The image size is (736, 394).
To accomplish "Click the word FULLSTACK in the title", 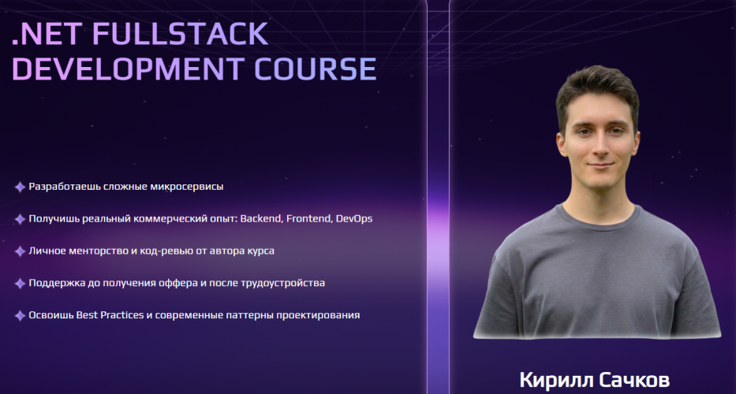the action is tap(180, 34).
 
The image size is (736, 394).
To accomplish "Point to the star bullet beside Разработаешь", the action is tap(20, 188).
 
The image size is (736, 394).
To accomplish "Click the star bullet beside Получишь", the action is tap(20, 219).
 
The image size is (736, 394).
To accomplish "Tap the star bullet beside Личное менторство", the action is tap(20, 251).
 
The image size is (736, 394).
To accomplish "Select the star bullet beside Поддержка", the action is tap(20, 284).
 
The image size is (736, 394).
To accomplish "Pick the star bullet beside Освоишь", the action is tap(20, 316).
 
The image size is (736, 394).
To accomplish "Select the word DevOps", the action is tap(354, 219).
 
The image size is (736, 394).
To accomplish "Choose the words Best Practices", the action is tap(110, 314).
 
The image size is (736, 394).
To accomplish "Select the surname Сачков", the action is tap(630, 380).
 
